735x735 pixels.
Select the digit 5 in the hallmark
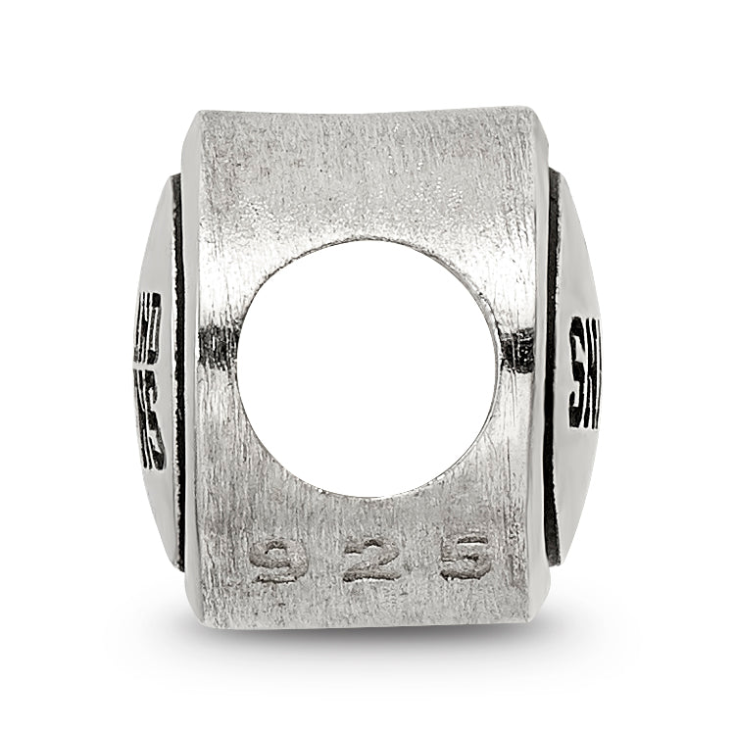point(463,558)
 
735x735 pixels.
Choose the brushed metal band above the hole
point(367,176)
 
